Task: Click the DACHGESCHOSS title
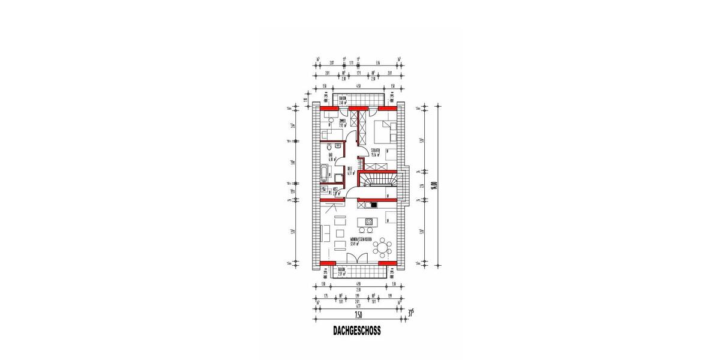coord(357,331)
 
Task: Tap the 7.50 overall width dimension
coord(358,314)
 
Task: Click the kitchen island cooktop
coord(369,221)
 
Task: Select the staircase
coord(378,180)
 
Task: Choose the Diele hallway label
coord(350,171)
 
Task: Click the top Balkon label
coord(343,100)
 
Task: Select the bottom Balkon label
coord(343,271)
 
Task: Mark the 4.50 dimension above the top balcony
coord(358,86)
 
